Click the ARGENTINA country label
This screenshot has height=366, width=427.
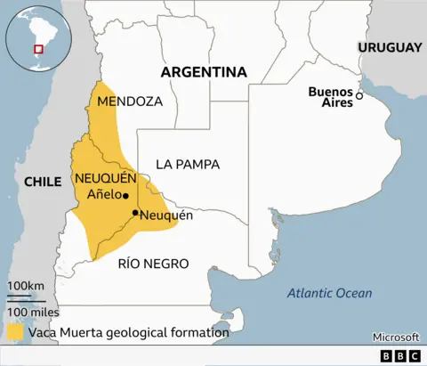point(203,71)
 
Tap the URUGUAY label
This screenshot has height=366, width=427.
point(389,47)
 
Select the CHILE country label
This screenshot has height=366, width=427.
point(42,181)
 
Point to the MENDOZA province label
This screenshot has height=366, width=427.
point(130,101)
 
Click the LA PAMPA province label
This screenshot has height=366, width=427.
point(187,164)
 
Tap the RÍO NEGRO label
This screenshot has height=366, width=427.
point(153,263)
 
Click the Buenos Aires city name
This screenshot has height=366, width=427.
point(330,96)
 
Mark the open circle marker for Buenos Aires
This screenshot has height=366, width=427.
point(359,95)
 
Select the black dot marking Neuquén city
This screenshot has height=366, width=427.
point(134,213)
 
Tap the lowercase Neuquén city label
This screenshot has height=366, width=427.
point(166,215)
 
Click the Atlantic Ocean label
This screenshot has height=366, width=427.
point(331,293)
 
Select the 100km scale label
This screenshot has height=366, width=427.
point(26,285)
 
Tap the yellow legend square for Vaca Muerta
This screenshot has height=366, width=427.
point(15,332)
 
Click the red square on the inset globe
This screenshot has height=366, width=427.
point(37,48)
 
